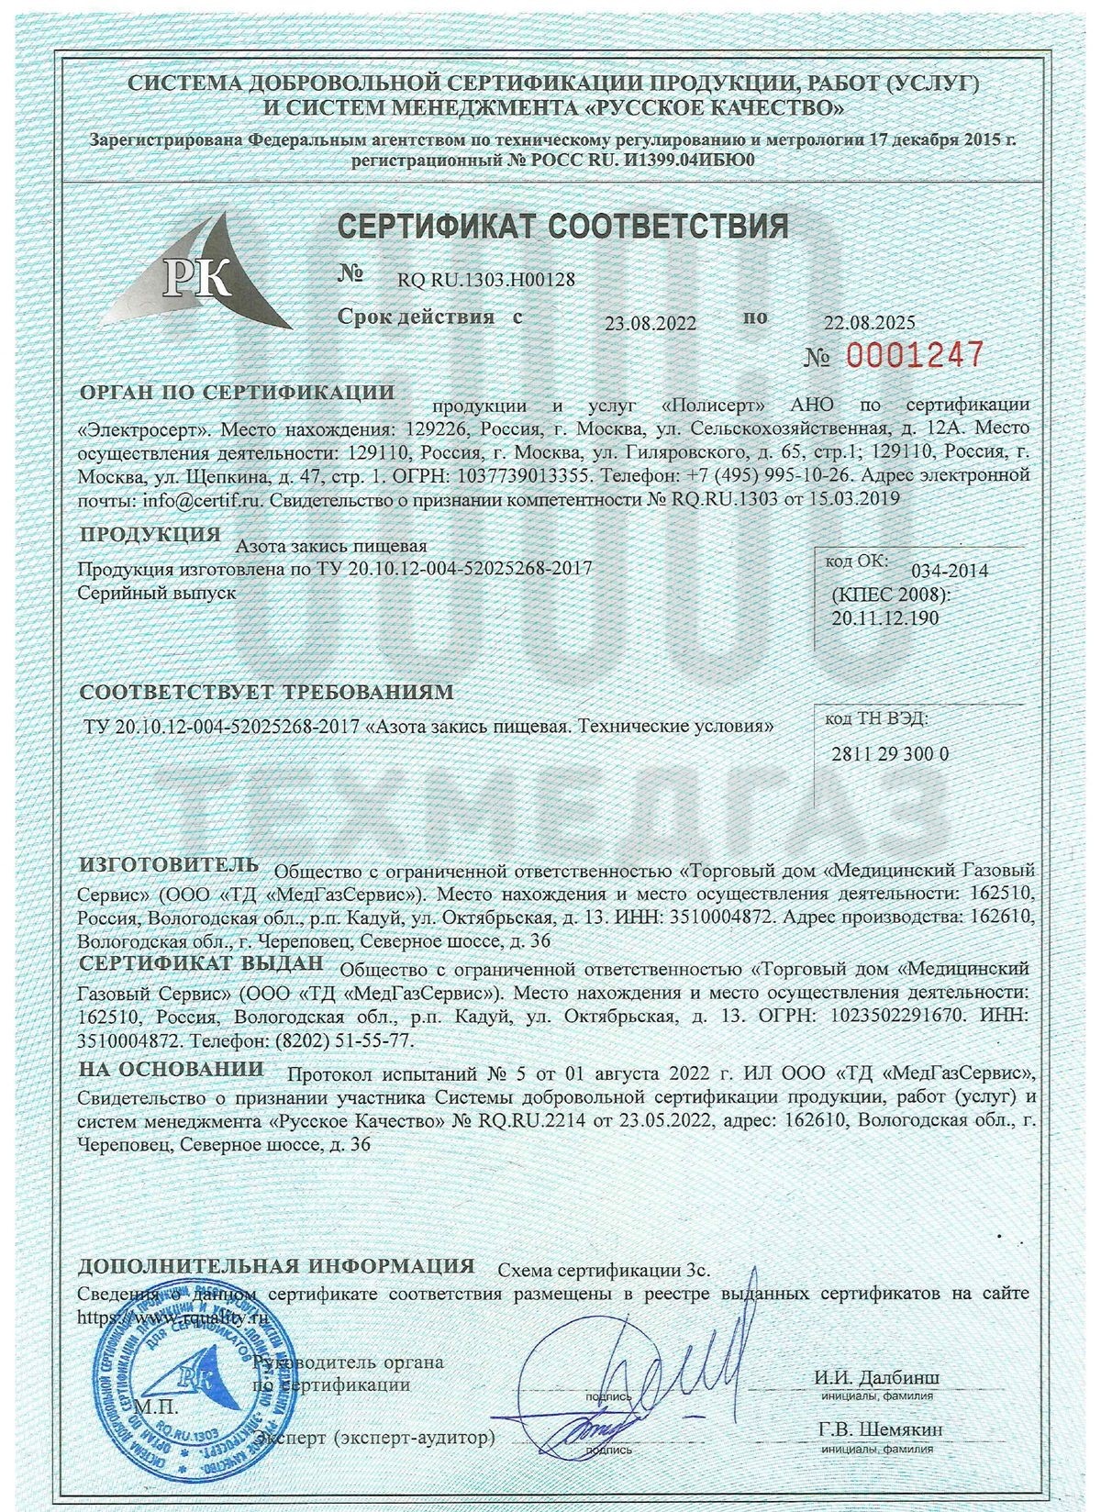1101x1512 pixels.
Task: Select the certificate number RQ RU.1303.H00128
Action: [486, 280]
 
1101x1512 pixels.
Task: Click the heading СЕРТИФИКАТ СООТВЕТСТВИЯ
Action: [563, 226]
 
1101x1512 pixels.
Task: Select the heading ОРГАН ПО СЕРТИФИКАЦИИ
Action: [237, 393]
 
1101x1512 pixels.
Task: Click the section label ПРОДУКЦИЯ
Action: [150, 535]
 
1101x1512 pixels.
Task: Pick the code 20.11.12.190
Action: [885, 617]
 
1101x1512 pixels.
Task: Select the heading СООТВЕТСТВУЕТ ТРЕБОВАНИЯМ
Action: [266, 691]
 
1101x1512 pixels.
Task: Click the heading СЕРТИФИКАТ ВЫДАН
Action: [201, 963]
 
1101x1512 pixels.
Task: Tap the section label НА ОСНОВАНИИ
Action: [171, 1069]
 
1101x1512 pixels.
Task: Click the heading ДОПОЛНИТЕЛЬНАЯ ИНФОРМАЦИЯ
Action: [275, 1266]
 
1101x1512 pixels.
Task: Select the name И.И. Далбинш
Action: [876, 1378]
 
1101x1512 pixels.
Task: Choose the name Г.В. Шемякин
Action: [878, 1429]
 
